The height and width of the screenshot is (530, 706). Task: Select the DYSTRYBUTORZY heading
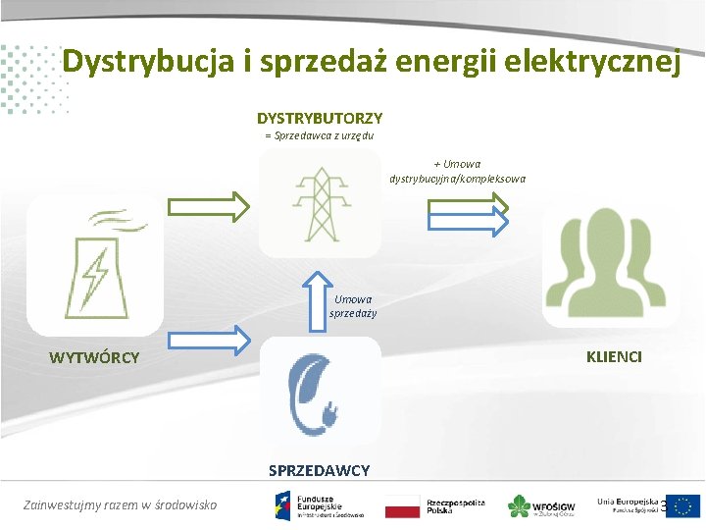point(320,118)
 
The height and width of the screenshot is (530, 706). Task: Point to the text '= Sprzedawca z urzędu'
point(319,135)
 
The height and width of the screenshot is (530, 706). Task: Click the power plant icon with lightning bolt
point(94,264)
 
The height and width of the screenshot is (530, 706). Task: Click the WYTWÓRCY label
point(94,357)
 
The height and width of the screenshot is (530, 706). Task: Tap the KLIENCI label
point(614,356)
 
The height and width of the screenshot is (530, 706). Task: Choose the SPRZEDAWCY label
point(320,470)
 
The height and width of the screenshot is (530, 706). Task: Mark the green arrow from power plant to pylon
point(207,207)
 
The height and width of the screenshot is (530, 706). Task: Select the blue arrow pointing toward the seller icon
point(207,341)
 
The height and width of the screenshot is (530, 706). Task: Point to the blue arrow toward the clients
point(467,224)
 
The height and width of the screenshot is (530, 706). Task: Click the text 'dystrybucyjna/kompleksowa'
point(457,179)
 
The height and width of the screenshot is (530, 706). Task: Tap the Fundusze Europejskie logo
point(320,505)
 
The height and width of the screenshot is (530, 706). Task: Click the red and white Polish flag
point(402,507)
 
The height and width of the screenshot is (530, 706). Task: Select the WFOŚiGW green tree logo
point(519,506)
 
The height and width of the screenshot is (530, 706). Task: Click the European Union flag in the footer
point(683,505)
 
